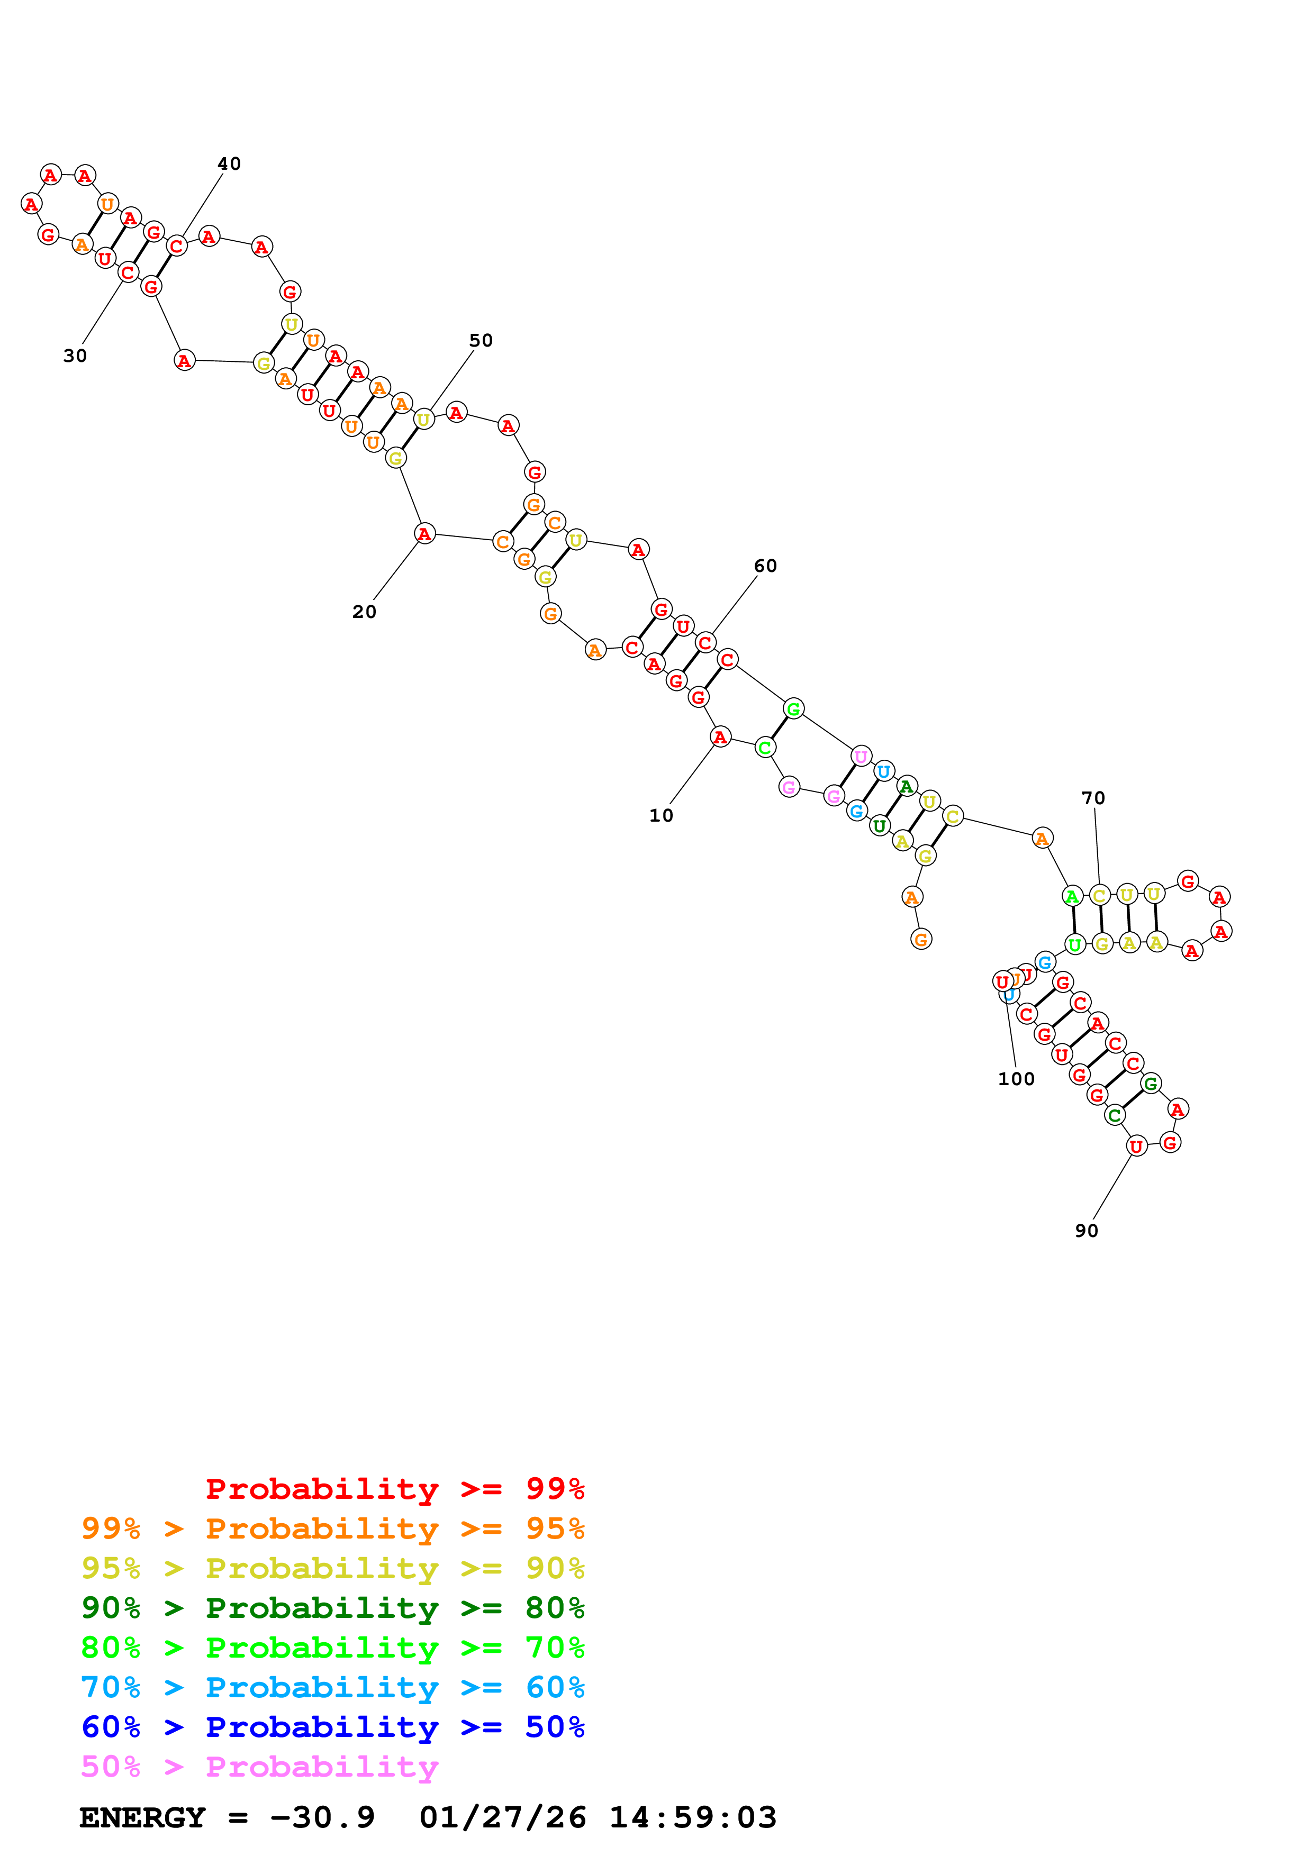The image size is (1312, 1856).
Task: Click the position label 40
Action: coord(229,164)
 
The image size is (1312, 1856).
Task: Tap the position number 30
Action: coord(75,356)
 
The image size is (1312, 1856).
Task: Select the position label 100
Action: coord(1016,1079)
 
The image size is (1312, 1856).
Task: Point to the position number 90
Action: coord(1087,1231)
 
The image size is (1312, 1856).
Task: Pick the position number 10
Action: coord(661,816)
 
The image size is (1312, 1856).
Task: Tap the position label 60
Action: coord(765,566)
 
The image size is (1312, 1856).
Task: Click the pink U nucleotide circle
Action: coord(861,757)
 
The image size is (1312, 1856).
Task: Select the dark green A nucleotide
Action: coord(907,786)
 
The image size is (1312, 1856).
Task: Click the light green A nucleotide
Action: coord(1072,896)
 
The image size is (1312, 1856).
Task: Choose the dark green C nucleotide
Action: coord(1115,1115)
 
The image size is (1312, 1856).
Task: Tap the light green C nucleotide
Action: coord(765,748)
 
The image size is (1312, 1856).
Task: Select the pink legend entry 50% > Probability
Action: coord(259,1767)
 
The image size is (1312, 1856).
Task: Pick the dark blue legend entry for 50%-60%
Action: coord(332,1727)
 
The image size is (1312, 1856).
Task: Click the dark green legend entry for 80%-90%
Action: coord(332,1608)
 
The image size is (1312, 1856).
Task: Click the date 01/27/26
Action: coord(503,1818)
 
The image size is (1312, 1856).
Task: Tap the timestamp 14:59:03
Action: coord(693,1818)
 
